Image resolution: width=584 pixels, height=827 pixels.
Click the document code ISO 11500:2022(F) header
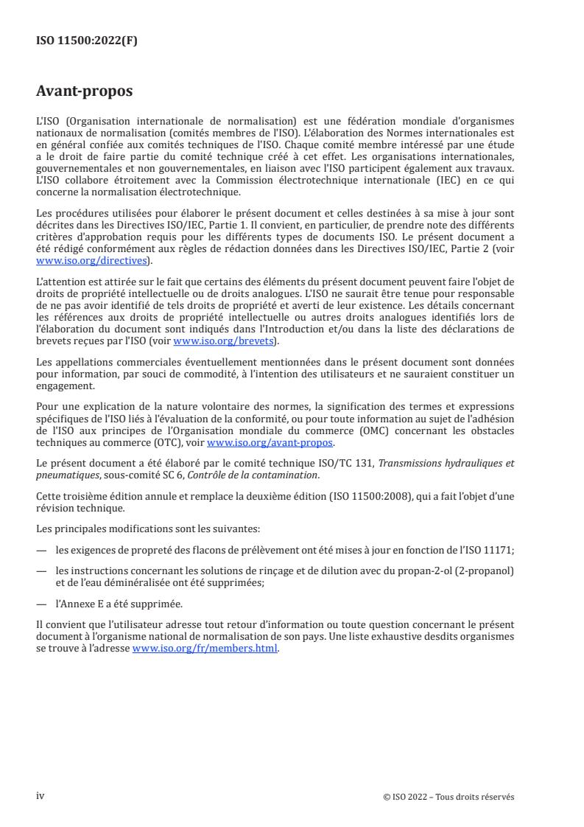point(86,41)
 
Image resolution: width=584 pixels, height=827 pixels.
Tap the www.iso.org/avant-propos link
point(270,442)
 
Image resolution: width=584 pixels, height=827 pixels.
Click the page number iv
point(41,796)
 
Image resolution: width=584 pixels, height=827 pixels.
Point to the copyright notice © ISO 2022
point(448,797)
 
